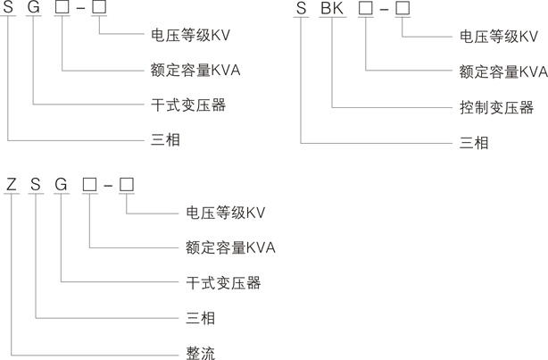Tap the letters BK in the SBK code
[331, 9]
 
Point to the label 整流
[200, 352]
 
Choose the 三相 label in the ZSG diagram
[200, 317]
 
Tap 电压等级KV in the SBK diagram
[499, 37]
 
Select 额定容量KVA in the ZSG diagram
[229, 247]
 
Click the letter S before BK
[302, 9]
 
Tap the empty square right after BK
[365, 9]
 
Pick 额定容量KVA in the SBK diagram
[503, 71]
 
